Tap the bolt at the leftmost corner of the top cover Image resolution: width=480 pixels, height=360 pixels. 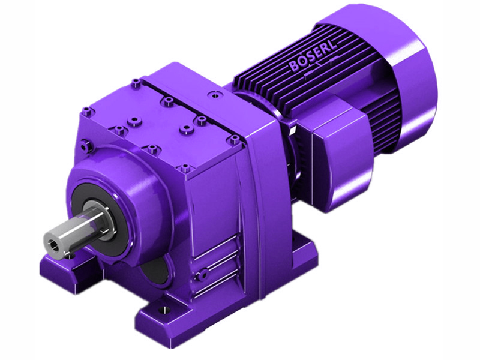(88, 110)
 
